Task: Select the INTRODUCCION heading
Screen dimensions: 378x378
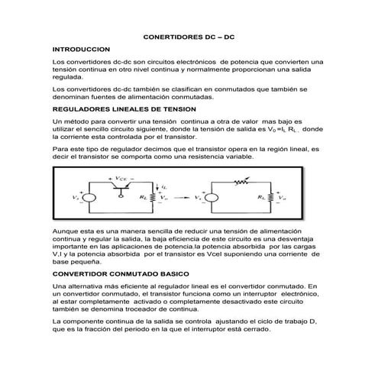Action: point(81,47)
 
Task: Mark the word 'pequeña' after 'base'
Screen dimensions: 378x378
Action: point(97,260)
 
